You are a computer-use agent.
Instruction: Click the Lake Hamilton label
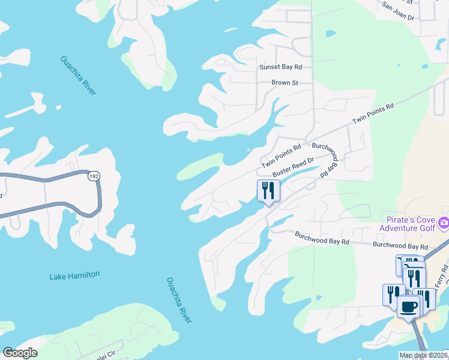(74, 275)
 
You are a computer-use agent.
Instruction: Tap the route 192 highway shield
(93, 177)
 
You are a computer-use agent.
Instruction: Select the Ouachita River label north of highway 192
(78, 75)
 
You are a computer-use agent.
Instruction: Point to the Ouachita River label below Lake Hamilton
(179, 300)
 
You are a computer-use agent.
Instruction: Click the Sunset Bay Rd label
(280, 67)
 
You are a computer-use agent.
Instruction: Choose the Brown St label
(285, 83)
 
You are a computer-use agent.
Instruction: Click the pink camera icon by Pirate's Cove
(443, 223)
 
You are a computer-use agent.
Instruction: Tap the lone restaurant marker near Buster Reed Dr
(268, 191)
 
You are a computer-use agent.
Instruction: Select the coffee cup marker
(409, 307)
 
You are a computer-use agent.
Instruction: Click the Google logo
(20, 353)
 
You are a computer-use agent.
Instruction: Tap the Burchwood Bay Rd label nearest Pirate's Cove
(400, 246)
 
